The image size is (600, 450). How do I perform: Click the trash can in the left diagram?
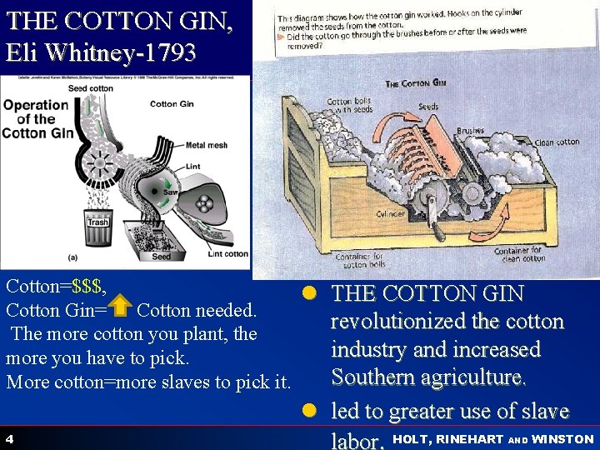97,230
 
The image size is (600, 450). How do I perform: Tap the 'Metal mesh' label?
206,145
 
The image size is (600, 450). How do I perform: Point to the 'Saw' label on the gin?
170,192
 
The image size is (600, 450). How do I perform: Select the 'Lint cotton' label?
227,254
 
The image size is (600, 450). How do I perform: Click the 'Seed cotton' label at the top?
91,88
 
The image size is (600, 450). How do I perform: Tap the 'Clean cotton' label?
557,142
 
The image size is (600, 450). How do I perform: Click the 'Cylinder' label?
391,214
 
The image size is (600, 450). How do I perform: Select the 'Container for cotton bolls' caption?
362,261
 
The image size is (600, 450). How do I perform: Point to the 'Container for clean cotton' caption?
518,254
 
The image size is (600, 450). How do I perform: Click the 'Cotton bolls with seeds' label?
349,106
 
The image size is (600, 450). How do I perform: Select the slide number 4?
8,439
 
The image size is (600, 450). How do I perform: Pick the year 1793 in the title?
170,53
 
